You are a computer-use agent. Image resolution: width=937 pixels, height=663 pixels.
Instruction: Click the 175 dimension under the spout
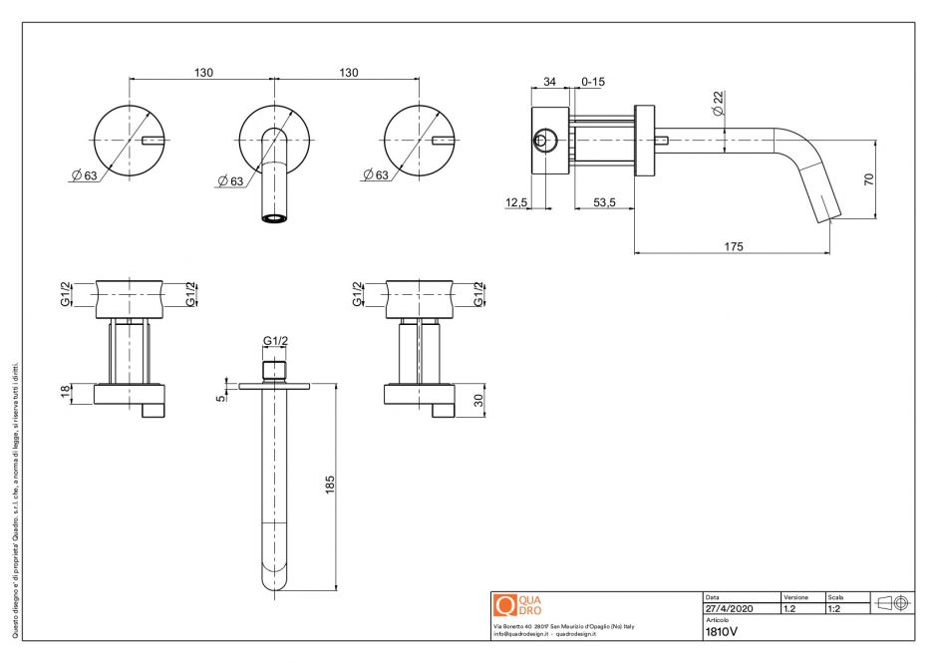pos(736,245)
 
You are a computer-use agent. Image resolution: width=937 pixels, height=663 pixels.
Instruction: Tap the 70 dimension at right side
pos(868,180)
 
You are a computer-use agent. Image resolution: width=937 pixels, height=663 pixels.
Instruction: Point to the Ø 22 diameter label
pos(718,104)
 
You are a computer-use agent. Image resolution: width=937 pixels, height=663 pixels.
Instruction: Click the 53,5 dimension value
pos(604,202)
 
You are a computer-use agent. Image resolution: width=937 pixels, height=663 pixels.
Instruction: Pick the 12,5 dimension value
pos(516,202)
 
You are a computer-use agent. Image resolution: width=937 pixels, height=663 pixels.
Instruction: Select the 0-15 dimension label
pos(592,81)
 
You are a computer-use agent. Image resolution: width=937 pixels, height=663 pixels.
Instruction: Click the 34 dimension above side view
pos(549,81)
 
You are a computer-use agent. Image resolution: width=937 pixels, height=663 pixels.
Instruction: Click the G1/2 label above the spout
pos(275,341)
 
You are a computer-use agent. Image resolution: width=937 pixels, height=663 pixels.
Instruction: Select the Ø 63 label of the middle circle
pos(229,180)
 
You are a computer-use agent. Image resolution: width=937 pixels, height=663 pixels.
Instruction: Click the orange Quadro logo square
pos(504,605)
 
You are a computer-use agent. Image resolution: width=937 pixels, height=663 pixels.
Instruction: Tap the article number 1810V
pos(722,631)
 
